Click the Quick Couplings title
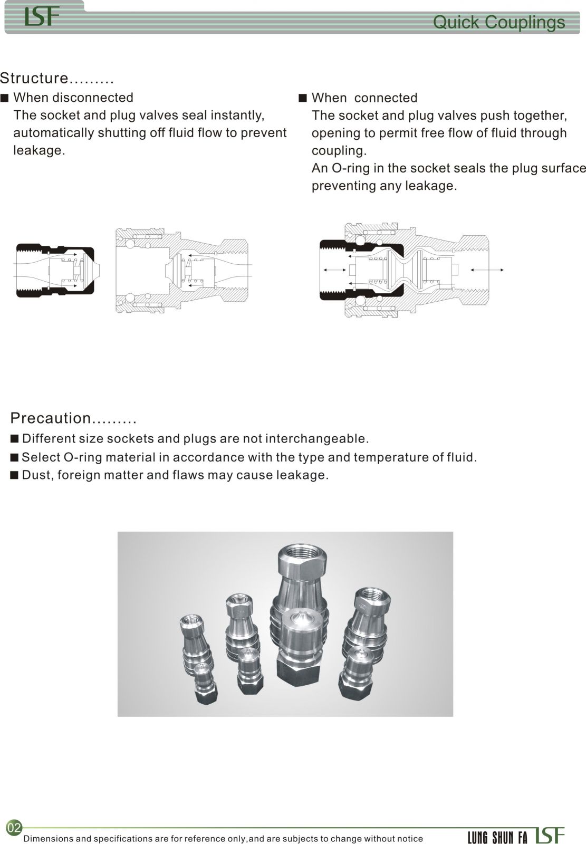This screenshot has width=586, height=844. [498, 23]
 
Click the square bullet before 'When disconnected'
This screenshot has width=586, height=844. [5, 98]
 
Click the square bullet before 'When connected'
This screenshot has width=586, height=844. [302, 98]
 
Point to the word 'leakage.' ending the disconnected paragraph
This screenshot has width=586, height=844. [39, 150]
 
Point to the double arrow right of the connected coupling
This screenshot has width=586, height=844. [487, 270]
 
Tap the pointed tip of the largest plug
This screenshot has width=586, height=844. [302, 615]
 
